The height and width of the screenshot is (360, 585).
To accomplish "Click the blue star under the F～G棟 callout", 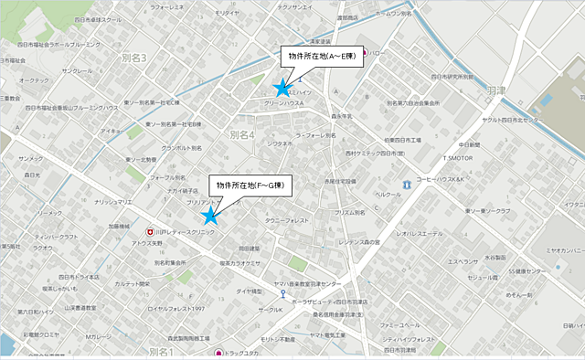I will [210, 216].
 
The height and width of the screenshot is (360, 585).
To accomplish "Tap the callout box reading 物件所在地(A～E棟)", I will [321, 57].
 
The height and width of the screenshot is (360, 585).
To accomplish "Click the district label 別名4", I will [242, 134].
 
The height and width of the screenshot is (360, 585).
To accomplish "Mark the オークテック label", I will [34, 80].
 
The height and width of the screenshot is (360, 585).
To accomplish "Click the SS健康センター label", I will [507, 271].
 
